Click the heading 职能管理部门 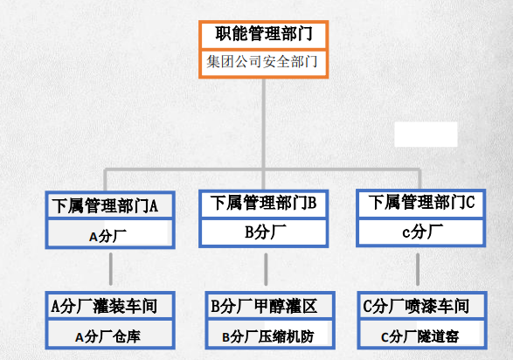(x=264, y=34)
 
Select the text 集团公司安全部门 (x=261, y=62)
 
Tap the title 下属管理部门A (x=105, y=206)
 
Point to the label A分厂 (x=107, y=236)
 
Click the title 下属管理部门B (x=263, y=203)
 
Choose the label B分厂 (x=266, y=232)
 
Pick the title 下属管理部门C (x=421, y=202)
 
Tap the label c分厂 (x=422, y=232)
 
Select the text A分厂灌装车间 (x=104, y=307)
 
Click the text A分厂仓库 (x=107, y=336)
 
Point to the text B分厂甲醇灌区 (x=264, y=307)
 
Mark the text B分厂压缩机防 (x=268, y=336)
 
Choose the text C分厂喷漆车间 (x=416, y=307)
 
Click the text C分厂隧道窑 (x=419, y=336)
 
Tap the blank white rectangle (x=426, y=135)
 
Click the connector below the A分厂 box (x=111, y=269)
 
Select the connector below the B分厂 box (x=266, y=269)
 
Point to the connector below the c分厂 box (x=418, y=269)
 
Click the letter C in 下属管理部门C (x=470, y=202)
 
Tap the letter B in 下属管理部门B (x=312, y=203)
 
